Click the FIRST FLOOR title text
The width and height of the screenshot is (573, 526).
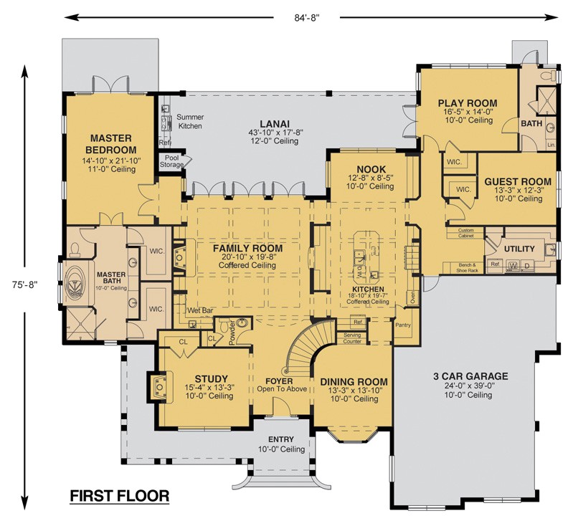(x=119, y=495)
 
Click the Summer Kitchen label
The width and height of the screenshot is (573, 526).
(x=189, y=121)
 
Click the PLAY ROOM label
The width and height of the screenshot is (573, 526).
(x=467, y=103)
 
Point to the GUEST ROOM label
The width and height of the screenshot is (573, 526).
(x=518, y=181)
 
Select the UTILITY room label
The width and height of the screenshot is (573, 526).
(x=519, y=249)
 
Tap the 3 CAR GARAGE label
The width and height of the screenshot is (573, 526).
(x=470, y=376)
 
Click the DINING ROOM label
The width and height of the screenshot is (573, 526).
(x=354, y=381)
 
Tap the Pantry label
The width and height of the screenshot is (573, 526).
(x=402, y=325)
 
